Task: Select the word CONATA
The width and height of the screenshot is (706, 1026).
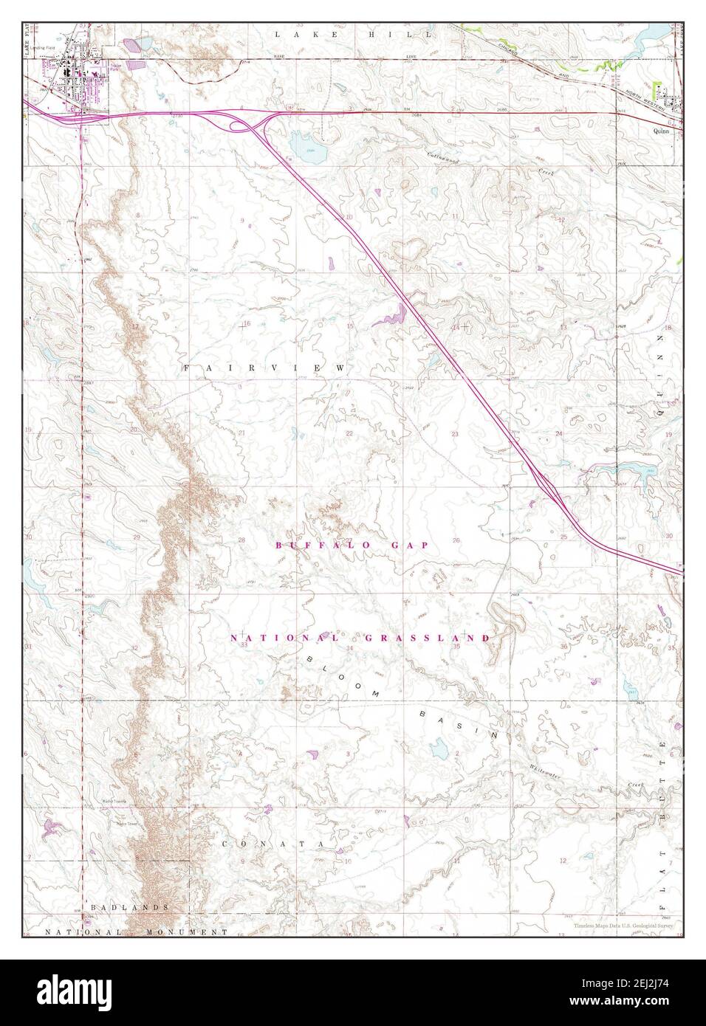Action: (274, 843)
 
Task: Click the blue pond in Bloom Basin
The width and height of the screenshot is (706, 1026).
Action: (439, 751)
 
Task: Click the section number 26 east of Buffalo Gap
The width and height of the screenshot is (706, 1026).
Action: (456, 540)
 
